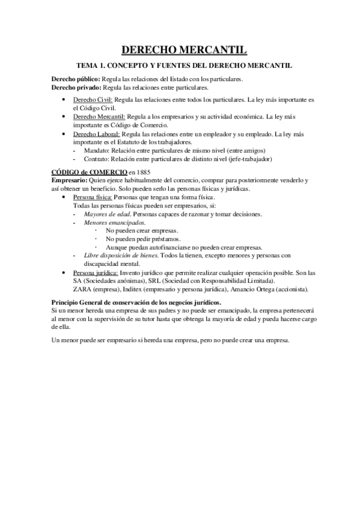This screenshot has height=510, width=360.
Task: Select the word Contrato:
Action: click(97, 159)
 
